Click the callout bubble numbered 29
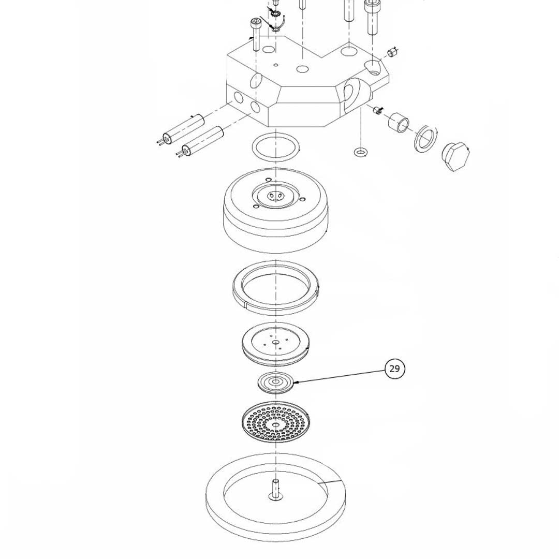click(394, 369)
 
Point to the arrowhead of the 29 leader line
click(296, 383)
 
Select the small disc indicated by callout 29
click(275, 383)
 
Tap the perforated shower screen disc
click(276, 422)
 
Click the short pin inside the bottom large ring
click(275, 489)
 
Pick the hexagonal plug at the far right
click(455, 156)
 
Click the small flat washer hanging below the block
click(360, 152)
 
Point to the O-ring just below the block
click(276, 146)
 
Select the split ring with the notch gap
click(276, 288)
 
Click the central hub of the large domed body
click(274, 196)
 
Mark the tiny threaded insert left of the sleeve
click(377, 110)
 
